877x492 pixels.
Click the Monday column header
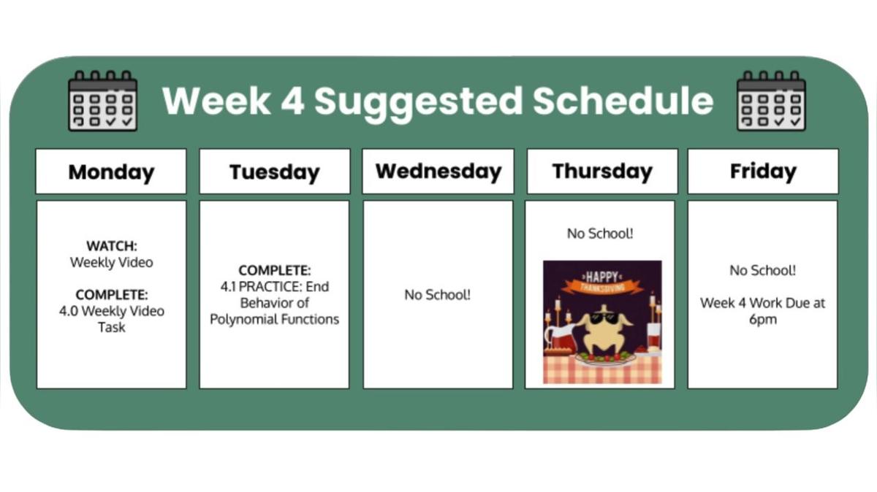tap(111, 172)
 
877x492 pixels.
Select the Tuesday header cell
tap(275, 172)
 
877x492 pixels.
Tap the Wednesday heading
tap(438, 172)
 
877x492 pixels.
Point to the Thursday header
tap(602, 172)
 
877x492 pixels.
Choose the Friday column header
tap(763, 172)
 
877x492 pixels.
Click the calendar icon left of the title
tap(102, 101)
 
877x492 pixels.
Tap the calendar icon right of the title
tap(771, 101)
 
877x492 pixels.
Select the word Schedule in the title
tap(623, 101)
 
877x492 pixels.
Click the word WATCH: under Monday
tap(111, 246)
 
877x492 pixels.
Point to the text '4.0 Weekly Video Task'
tap(111, 319)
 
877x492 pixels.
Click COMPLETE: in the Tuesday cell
tap(275, 271)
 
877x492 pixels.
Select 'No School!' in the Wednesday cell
tap(438, 295)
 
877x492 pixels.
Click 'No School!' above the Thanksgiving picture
tap(600, 234)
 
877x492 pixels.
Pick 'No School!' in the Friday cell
tap(762, 270)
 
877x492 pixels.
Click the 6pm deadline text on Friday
tap(762, 319)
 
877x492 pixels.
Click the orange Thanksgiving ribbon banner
tap(602, 287)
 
